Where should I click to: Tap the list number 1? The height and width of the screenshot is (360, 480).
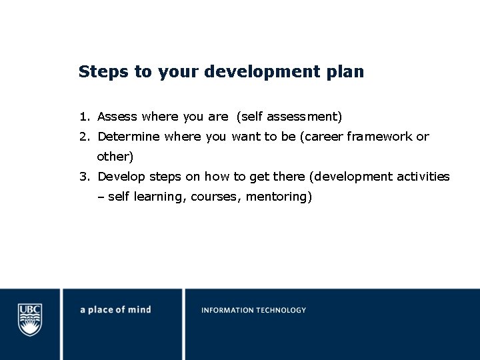point(83,117)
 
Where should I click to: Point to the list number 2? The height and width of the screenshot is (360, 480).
point(83,137)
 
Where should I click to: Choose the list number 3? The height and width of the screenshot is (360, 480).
point(83,177)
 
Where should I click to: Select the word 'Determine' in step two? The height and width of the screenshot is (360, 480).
point(129,137)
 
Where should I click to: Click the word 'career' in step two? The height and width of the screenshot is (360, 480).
point(322,137)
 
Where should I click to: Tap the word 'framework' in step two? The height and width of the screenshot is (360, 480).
point(379,137)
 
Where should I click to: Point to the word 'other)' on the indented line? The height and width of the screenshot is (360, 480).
point(115,157)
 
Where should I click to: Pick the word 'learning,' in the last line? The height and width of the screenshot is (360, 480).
point(160,197)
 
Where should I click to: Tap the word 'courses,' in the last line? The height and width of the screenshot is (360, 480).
point(217,197)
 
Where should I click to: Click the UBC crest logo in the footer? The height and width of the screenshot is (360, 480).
point(30,319)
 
